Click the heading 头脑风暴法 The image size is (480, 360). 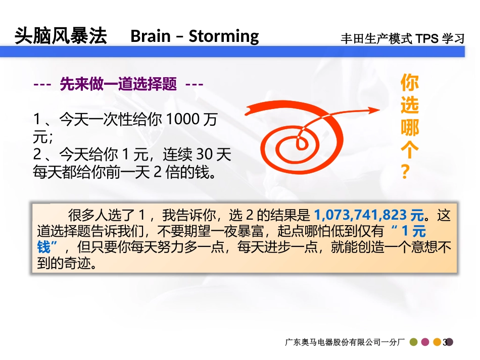[61, 36]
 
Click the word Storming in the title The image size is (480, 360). [224, 36]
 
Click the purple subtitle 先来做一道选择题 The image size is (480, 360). [118, 84]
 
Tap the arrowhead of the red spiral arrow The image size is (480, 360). [373, 110]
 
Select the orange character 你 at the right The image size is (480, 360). [410, 83]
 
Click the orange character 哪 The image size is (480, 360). [410, 128]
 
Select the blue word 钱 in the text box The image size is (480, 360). [44, 248]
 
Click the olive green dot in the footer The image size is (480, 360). [413, 342]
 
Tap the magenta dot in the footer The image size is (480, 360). [425, 342]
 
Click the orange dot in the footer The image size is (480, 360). [438, 342]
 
